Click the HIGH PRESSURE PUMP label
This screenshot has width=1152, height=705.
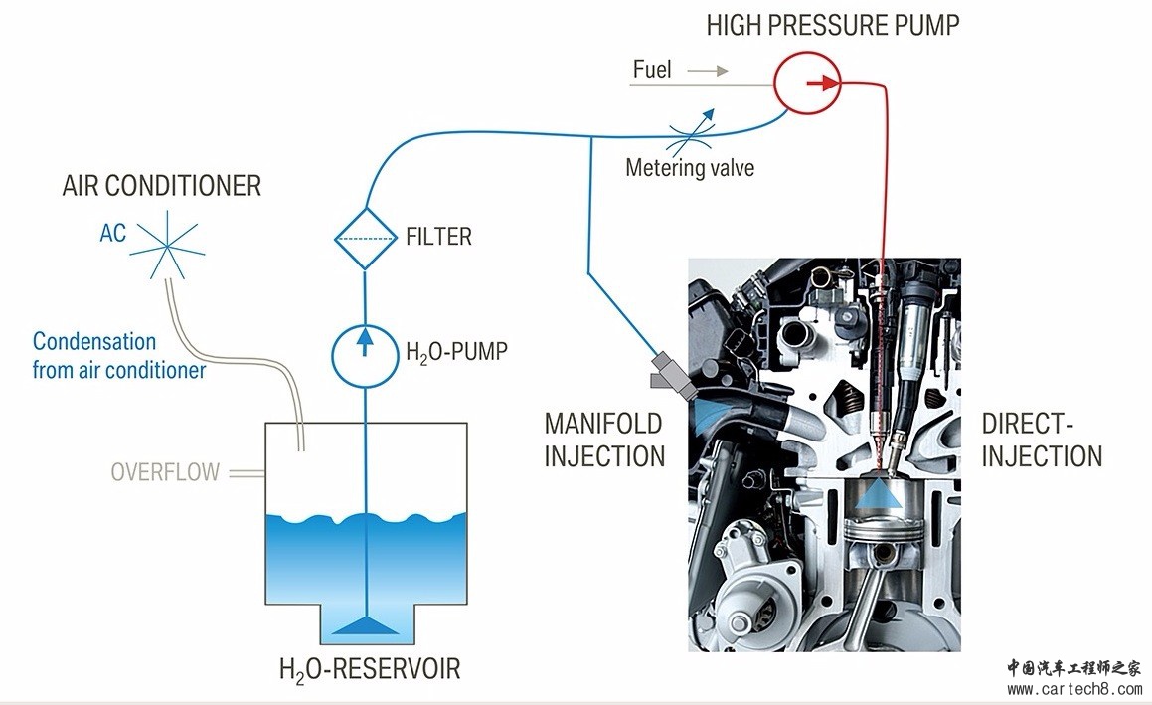click(x=833, y=25)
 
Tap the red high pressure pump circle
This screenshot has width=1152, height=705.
click(x=807, y=84)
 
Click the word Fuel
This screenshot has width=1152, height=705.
click(x=652, y=70)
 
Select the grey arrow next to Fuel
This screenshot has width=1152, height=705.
click(x=707, y=71)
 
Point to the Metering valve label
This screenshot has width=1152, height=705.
click(x=689, y=168)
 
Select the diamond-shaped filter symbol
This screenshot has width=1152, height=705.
click(x=365, y=237)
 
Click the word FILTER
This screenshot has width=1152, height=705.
click(x=438, y=238)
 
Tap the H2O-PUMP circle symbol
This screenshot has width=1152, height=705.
click(x=365, y=351)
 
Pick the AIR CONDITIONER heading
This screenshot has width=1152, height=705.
click(x=161, y=186)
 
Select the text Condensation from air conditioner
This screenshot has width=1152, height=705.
click(x=118, y=356)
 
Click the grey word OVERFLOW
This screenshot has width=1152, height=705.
click(x=165, y=472)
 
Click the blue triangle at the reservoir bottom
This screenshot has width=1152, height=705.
click(x=367, y=624)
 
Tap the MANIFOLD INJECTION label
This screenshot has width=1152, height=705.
click(x=603, y=440)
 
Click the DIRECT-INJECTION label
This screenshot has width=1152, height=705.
click(x=1042, y=440)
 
